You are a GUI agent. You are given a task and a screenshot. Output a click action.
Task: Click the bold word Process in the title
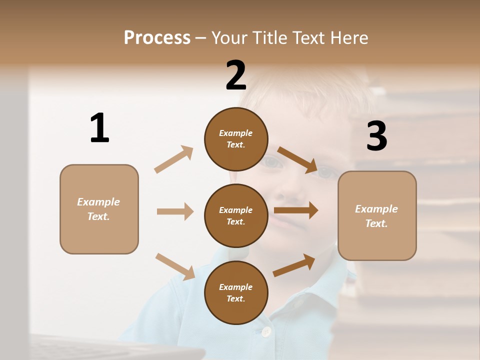click(x=157, y=37)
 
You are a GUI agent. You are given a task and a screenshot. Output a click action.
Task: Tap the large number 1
click(x=99, y=128)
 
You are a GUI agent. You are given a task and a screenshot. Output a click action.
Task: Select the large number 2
click(x=236, y=75)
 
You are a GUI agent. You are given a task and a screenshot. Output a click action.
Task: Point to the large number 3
click(x=376, y=136)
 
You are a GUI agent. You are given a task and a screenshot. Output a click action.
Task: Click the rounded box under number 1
click(x=99, y=209)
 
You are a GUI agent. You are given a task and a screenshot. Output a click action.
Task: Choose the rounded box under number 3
click(x=377, y=215)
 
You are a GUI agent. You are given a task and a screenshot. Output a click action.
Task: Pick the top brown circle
click(x=236, y=138)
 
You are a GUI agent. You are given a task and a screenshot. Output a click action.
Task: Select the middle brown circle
click(x=236, y=215)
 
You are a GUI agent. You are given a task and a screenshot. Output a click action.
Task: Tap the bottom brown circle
click(x=236, y=292)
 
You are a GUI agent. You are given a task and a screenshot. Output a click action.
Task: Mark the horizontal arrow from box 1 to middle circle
click(x=175, y=211)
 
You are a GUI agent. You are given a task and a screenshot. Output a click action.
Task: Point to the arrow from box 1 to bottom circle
click(x=175, y=266)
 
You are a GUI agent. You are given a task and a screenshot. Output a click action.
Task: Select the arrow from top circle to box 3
click(x=297, y=159)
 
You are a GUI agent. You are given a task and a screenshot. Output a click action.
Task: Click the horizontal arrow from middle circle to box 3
click(x=296, y=210)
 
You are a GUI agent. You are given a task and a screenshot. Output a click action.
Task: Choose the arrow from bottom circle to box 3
click(x=294, y=265)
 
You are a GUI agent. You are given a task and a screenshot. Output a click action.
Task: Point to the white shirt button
click(x=266, y=331)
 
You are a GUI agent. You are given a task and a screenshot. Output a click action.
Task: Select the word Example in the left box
click(x=98, y=202)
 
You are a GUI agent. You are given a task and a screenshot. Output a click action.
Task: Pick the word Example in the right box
click(x=376, y=209)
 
